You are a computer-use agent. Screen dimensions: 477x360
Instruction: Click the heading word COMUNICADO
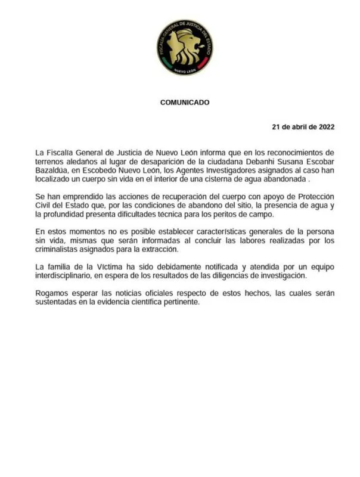(x=185, y=102)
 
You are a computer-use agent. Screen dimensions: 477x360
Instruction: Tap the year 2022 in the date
(x=324, y=127)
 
